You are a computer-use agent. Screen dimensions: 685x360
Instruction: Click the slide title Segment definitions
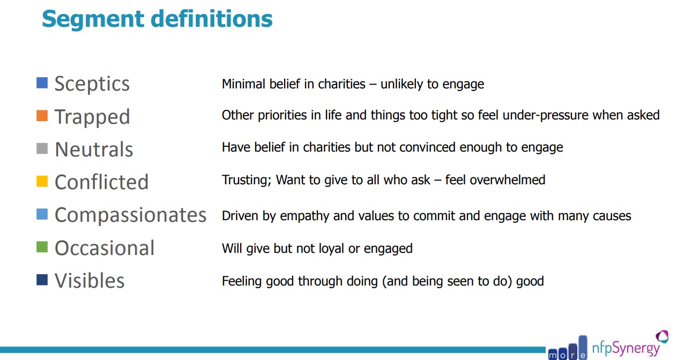(x=157, y=19)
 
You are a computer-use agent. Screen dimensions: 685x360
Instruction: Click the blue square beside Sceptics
(x=42, y=83)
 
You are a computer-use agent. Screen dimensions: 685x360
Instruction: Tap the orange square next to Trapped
(x=42, y=116)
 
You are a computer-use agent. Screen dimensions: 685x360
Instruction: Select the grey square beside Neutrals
(x=42, y=148)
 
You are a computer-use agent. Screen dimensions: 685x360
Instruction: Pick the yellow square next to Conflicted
(x=42, y=181)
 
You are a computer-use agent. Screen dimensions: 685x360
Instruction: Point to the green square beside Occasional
(x=42, y=247)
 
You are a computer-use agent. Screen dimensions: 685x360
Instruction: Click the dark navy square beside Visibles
(x=42, y=280)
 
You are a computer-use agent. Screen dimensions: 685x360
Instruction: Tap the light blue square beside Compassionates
(x=42, y=214)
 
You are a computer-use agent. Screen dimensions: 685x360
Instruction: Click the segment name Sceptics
(x=92, y=84)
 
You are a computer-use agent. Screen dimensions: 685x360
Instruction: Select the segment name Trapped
(x=92, y=117)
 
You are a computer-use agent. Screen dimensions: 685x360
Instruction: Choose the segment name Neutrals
(x=94, y=149)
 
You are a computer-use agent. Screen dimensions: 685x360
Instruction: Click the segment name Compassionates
(x=131, y=215)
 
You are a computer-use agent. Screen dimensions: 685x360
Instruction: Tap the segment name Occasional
(x=105, y=248)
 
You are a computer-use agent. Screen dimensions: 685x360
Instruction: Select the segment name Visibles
(x=90, y=280)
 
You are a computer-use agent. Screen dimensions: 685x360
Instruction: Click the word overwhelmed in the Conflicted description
(x=508, y=179)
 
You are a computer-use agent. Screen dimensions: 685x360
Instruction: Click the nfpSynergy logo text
(x=626, y=349)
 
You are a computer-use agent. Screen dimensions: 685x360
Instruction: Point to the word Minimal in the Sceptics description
(x=243, y=84)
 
